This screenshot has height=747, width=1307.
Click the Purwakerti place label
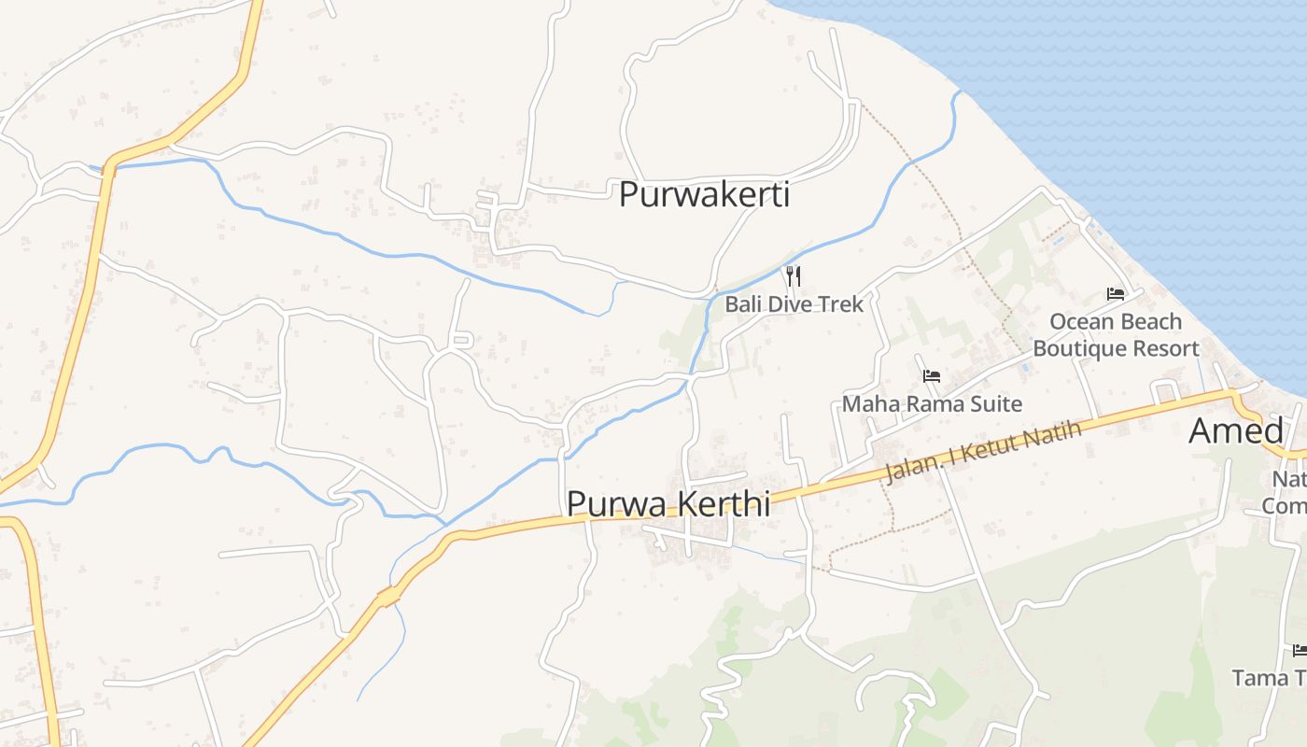click(704, 194)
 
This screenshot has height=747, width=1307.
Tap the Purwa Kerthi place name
click(668, 503)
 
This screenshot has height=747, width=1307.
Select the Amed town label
click(1235, 430)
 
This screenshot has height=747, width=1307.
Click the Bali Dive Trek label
click(794, 304)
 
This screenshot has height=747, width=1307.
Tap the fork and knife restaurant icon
click(794, 275)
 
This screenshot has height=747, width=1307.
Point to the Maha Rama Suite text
click(932, 404)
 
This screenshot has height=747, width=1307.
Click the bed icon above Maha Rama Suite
click(931, 376)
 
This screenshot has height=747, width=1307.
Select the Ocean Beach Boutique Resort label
click(1116, 335)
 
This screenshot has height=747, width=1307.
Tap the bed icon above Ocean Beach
click(1115, 293)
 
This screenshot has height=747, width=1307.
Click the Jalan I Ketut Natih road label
click(982, 452)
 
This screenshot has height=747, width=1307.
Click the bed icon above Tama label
click(1299, 650)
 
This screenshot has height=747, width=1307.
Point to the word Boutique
click(1078, 349)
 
